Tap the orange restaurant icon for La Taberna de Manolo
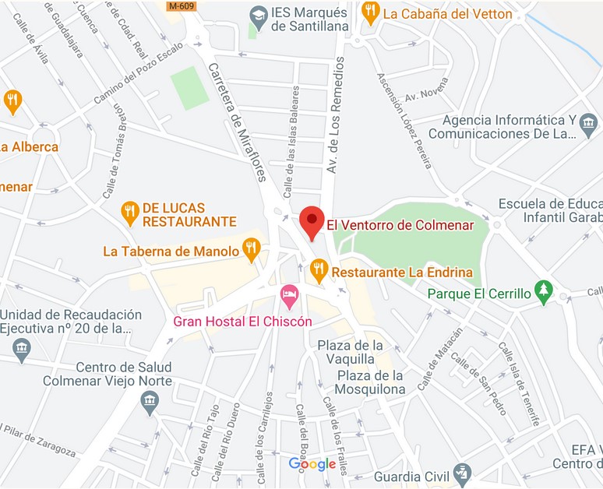[x=251, y=249]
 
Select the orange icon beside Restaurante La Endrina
[x=318, y=270]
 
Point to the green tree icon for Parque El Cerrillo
[x=544, y=292]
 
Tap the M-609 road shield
[x=182, y=5]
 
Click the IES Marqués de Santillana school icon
[x=257, y=14]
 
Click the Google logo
[x=312, y=465]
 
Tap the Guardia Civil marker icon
[x=462, y=472]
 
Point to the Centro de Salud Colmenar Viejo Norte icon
[x=150, y=402]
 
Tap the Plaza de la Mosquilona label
[x=370, y=382]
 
